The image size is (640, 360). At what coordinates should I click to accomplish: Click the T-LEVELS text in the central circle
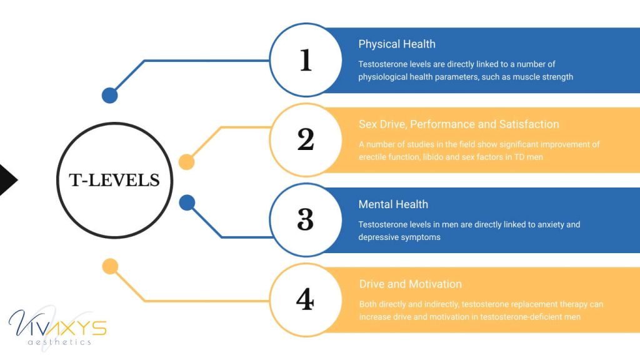114,181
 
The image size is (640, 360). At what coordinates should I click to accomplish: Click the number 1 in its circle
305,61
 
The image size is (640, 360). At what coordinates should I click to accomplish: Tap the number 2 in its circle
305,140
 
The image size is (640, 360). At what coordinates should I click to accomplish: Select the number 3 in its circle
305,220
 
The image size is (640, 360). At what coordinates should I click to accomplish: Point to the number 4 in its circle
305,300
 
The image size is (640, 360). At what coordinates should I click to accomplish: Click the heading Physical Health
397,44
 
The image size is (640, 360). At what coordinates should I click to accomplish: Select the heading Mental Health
393,204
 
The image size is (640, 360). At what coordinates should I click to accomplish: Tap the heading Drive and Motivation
411,284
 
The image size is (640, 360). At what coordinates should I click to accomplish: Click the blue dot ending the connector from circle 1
109,95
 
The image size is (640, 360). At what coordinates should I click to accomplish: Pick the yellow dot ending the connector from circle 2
186,162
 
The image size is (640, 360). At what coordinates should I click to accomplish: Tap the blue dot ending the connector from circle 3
187,202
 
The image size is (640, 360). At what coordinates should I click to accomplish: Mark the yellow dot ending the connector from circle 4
110,267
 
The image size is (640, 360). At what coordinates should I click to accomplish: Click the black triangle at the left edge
7,180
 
